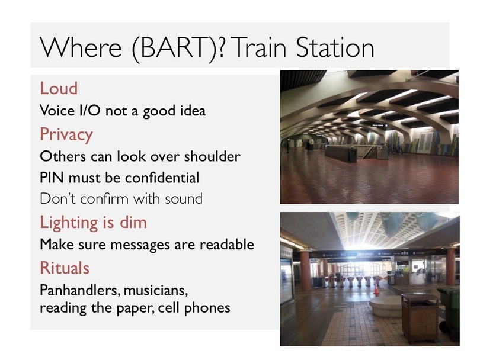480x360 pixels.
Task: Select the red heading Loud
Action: tap(59, 88)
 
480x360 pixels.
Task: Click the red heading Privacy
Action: tap(66, 134)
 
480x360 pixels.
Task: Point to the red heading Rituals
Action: tap(65, 268)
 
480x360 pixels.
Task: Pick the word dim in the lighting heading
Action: tap(133, 222)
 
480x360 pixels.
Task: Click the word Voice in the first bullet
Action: tap(57, 110)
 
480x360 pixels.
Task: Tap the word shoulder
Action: tap(212, 156)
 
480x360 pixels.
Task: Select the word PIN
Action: tap(52, 178)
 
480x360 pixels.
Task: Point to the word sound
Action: tap(184, 199)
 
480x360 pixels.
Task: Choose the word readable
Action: tap(227, 244)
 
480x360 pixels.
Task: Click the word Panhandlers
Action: tap(79, 290)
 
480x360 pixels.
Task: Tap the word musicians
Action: tap(155, 291)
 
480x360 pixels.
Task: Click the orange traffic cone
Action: tap(376, 289)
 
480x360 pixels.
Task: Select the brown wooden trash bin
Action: tap(420, 318)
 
